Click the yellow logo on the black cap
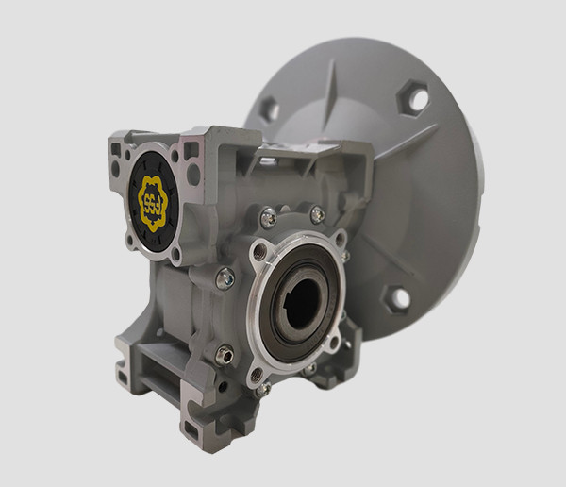pos(150,200)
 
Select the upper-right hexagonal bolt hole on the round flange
pos(413,98)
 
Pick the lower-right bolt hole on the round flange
pos(397,298)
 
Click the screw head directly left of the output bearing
pos(225,278)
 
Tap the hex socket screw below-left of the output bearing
pos(224,354)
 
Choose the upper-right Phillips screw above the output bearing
pos(317,215)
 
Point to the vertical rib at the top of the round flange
pos(333,90)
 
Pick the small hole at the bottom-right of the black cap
pos(176,252)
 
